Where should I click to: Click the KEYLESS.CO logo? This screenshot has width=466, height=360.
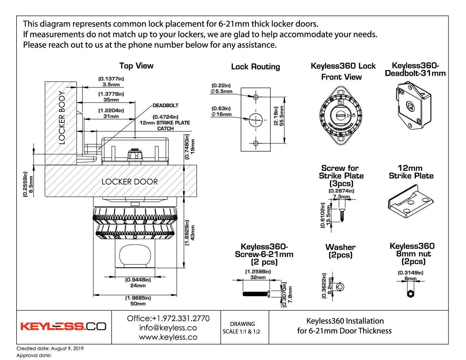pyautogui.click(x=63, y=327)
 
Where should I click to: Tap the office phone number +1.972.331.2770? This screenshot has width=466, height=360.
pyautogui.click(x=168, y=318)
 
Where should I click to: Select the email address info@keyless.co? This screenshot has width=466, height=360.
pyautogui.click(x=168, y=328)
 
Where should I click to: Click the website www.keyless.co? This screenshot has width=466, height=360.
pyautogui.click(x=168, y=337)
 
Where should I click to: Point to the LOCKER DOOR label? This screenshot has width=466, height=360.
pyautogui.click(x=129, y=182)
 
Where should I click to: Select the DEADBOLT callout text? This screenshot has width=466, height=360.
pyautogui.click(x=165, y=106)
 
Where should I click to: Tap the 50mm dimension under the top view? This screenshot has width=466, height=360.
pyautogui.click(x=138, y=303)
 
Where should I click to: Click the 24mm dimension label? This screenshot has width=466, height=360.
pyautogui.click(x=138, y=286)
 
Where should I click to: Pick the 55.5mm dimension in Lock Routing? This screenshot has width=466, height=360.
pyautogui.click(x=282, y=116)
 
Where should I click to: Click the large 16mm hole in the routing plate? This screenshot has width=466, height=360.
pyautogui.click(x=256, y=119)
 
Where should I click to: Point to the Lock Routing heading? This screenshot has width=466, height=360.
pyautogui.click(x=255, y=67)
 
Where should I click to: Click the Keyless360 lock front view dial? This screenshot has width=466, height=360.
pyautogui.click(x=341, y=115)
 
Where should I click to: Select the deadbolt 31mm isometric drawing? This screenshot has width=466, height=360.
pyautogui.click(x=414, y=106)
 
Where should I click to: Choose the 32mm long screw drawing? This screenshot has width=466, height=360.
pyautogui.click(x=256, y=293)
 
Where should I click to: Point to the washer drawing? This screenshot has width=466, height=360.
pyautogui.click(x=340, y=287)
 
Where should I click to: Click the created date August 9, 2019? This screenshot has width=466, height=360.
pyautogui.click(x=50, y=348)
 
